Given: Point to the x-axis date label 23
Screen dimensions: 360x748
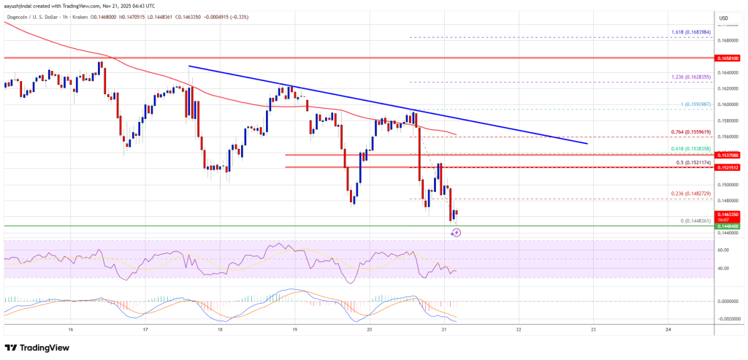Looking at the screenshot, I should pyautogui.click(x=593, y=329).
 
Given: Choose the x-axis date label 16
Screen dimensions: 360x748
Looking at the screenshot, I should pyautogui.click(x=70, y=329).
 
